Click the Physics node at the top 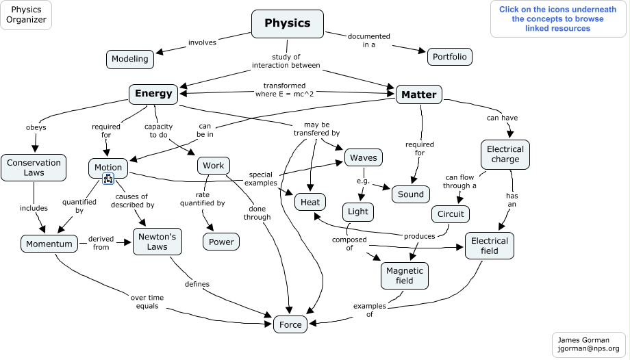point(287,23)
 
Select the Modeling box point(130,59)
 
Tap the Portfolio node point(450,57)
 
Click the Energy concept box point(153,94)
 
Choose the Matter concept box point(418,94)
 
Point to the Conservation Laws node point(34,168)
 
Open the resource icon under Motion point(108,179)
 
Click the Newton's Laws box point(157,242)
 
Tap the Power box point(221,242)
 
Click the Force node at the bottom point(290,324)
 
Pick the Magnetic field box point(405,276)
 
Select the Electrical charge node point(505,154)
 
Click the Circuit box point(451,214)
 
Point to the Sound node point(411,194)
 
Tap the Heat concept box point(310,202)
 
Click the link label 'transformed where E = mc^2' point(284,90)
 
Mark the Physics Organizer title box point(27,15)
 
